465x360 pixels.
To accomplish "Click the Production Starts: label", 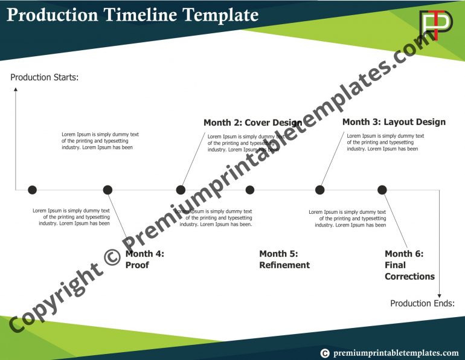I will tap(45, 77).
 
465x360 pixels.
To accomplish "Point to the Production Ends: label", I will tap(422, 303).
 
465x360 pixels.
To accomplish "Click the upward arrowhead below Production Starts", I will tap(16, 89).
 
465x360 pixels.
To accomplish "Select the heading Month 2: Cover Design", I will tap(252, 123).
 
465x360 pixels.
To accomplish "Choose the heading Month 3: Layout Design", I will tap(394, 122).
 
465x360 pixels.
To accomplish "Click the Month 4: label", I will tap(144, 254).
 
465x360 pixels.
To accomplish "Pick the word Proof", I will tap(137, 265).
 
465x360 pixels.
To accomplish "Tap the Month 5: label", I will tap(278, 254).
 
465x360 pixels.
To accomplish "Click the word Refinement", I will tap(284, 265).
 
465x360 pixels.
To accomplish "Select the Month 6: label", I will tap(404, 254).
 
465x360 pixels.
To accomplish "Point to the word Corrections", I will tap(409, 277).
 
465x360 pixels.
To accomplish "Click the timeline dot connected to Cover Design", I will tap(181, 190).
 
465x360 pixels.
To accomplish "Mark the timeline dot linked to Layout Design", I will tap(319, 190).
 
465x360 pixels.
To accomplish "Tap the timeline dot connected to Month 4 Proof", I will tap(107, 190).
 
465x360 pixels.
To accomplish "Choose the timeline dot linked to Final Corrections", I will tap(382, 190).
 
